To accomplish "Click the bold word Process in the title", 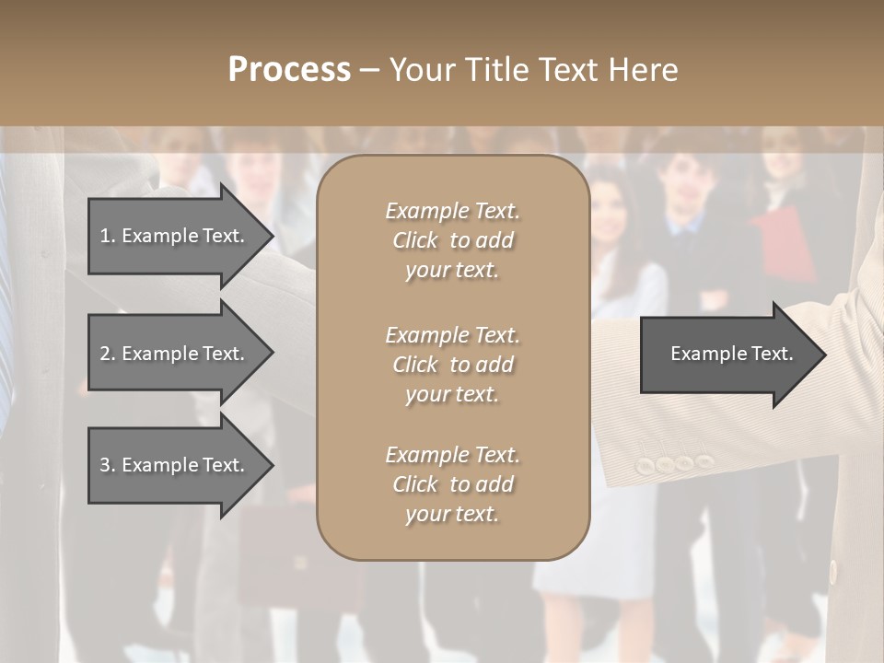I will coord(289,70).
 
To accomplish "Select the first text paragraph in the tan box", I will coord(452,240).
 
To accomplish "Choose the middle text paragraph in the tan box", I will coord(452,364).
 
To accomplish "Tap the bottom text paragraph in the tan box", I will coord(452,484).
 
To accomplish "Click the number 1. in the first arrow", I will coord(107,236).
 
